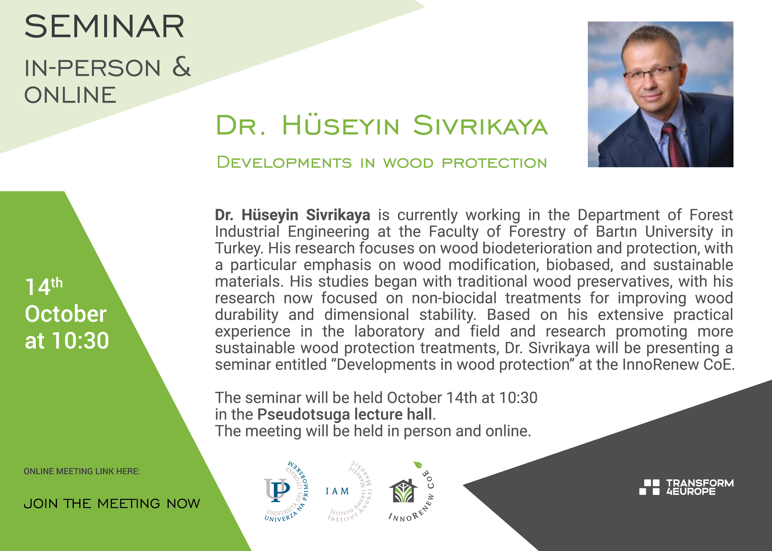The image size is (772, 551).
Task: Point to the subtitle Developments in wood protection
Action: point(382,162)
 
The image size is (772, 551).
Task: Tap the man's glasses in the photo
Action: point(652,72)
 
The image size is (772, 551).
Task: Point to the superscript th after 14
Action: point(57,283)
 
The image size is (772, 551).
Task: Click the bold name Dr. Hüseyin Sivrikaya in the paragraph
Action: point(292,215)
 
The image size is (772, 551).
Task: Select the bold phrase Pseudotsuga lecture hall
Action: point(345,414)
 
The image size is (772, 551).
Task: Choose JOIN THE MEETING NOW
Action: point(112,504)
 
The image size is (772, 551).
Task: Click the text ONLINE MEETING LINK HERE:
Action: point(82,471)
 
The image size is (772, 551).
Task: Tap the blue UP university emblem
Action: point(277,490)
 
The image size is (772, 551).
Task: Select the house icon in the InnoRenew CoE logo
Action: point(403,491)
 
